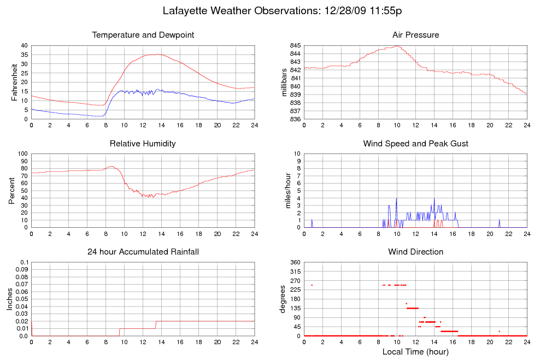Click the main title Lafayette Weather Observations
[283, 10]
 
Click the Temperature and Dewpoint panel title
[143, 36]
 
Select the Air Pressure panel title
[415, 36]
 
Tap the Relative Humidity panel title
[143, 144]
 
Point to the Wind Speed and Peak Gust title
[415, 144]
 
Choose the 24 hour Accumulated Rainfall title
[143, 252]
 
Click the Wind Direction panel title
[415, 252]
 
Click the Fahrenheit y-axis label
[15, 82]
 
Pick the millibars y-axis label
[284, 82]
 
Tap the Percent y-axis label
[12, 190]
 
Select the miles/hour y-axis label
[284, 190]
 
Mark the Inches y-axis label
[10, 298]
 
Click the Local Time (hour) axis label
[415, 352]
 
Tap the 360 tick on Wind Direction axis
[294, 263]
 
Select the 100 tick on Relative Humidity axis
[22, 154]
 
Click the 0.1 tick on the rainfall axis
[24, 263]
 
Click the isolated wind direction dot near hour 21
[500, 331]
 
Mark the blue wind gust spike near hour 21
[500, 222]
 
